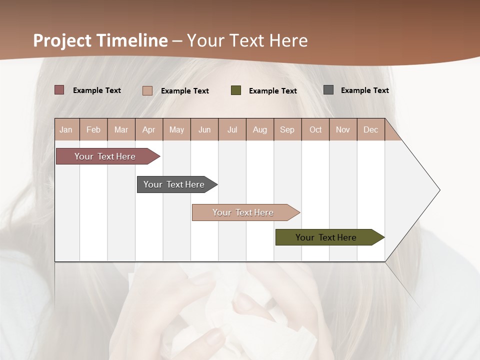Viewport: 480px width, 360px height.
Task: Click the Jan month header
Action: (66, 129)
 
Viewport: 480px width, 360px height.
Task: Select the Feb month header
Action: (93, 129)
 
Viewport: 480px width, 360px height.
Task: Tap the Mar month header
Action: (121, 129)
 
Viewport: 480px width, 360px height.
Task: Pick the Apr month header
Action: (149, 129)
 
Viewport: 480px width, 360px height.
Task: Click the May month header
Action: (176, 129)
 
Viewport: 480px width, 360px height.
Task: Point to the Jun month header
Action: (204, 129)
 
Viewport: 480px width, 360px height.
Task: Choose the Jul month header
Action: (232, 129)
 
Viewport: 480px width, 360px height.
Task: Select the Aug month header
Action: (260, 129)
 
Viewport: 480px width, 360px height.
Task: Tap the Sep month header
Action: (287, 129)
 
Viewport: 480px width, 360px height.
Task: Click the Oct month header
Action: (315, 129)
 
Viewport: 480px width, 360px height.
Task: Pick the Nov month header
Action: (343, 129)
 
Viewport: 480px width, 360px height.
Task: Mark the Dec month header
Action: (371, 129)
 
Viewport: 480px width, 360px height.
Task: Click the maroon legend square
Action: (59, 90)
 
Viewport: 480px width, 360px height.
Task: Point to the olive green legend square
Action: (236, 90)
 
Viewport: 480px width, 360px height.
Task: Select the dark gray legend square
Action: (328, 90)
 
